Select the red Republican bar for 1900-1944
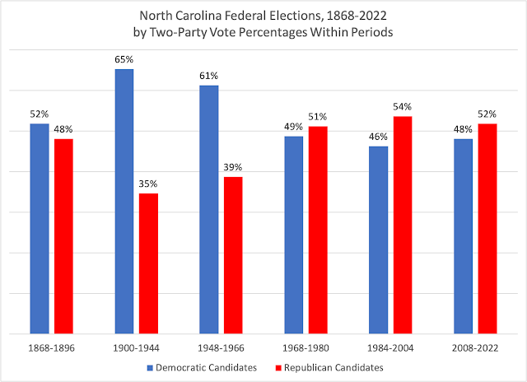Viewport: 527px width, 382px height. [x=148, y=263]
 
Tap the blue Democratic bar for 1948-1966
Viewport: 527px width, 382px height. [x=209, y=210]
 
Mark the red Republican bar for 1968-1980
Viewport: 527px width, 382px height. [x=318, y=230]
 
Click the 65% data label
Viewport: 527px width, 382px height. [x=124, y=60]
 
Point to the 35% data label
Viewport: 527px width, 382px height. [x=148, y=184]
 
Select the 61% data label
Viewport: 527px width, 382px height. [x=209, y=77]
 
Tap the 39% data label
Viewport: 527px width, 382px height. [x=233, y=168]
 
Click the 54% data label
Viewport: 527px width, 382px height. [x=402, y=107]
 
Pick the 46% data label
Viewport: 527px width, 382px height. [x=378, y=137]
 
